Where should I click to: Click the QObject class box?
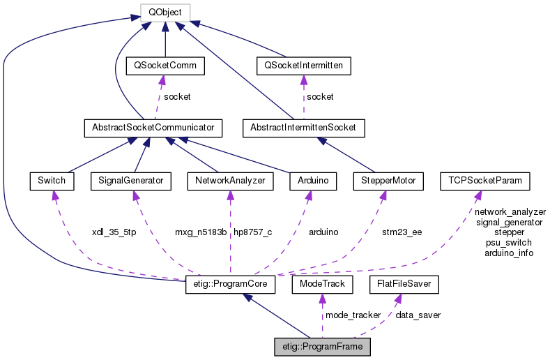pyautogui.click(x=165, y=12)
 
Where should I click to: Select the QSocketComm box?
pyautogui.click(x=165, y=66)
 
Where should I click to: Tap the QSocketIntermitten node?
pyautogui.click(x=303, y=66)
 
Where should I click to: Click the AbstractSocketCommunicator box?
pyautogui.click(x=152, y=128)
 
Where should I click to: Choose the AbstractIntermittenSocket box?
pyautogui.click(x=303, y=128)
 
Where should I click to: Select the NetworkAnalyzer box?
pyautogui.click(x=230, y=181)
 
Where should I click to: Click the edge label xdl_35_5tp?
pyautogui.click(x=114, y=232)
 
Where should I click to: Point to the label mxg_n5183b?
pyautogui.click(x=201, y=232)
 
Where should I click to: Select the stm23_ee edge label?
pyautogui.click(x=402, y=232)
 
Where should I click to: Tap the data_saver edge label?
pyautogui.click(x=418, y=315)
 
